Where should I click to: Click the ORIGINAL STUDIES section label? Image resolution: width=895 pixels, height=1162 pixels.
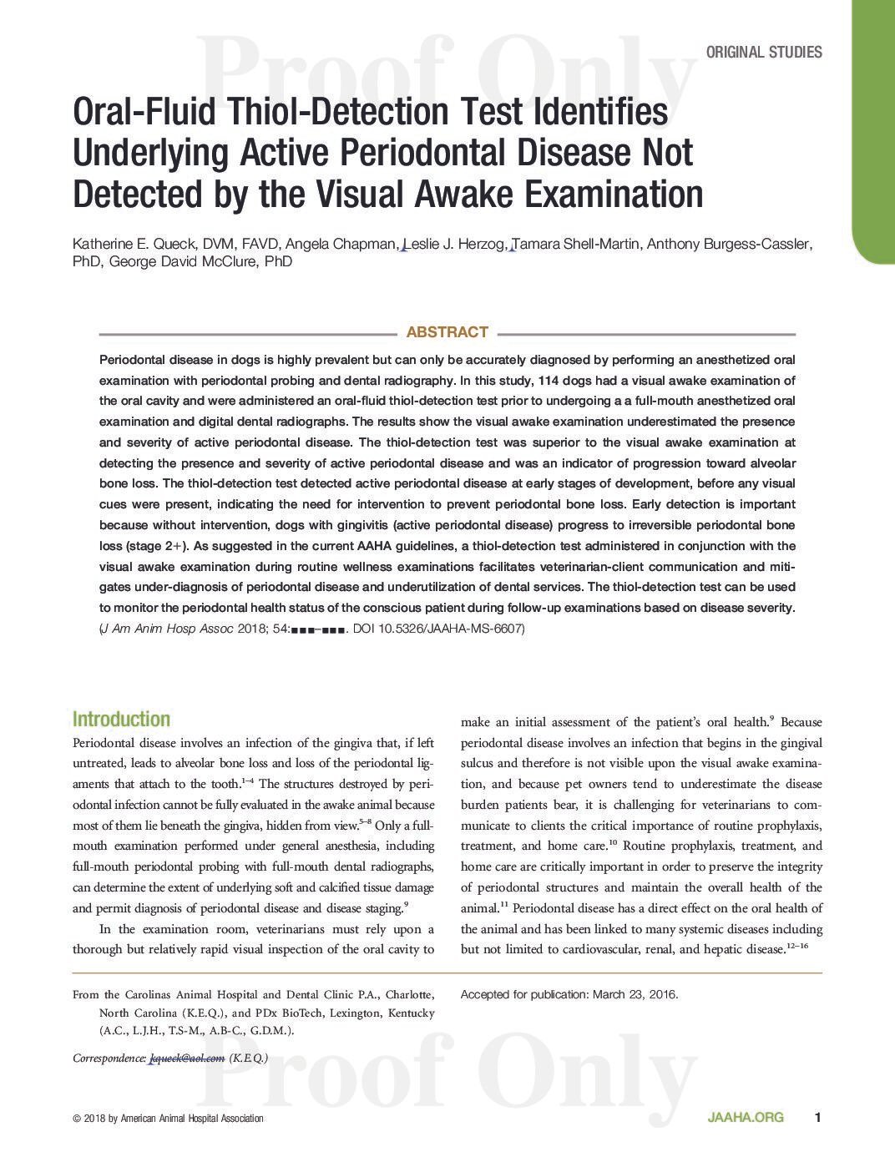coord(763,53)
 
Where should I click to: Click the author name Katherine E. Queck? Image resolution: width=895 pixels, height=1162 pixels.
coord(130,244)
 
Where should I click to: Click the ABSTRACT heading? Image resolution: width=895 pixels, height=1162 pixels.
coord(447,332)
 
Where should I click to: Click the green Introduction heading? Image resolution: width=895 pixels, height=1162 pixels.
coord(121,720)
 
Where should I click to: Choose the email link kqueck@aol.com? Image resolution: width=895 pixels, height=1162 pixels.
coord(187,1058)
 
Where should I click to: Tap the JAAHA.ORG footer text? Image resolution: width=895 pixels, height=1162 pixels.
coord(746,1118)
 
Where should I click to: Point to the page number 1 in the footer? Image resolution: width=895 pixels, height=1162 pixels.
coord(818,1118)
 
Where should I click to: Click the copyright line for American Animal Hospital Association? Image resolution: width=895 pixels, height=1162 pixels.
coord(168,1119)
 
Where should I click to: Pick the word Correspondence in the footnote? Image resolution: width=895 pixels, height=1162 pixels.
coord(109,1058)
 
